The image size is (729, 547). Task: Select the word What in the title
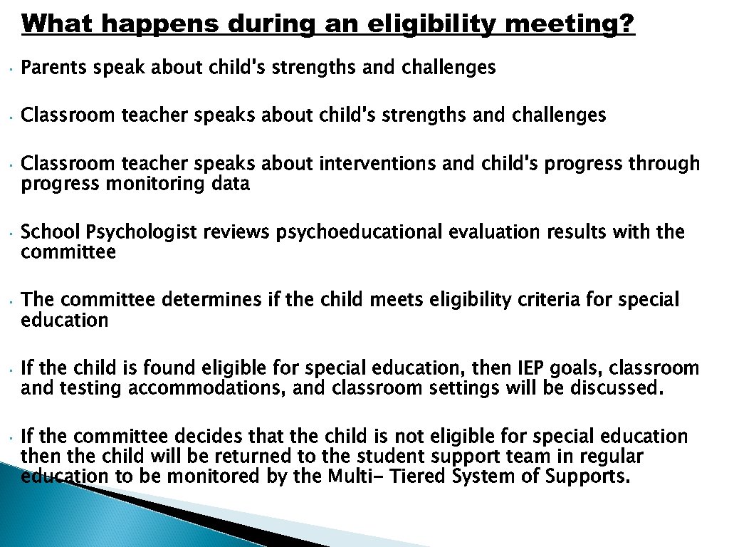point(58,24)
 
